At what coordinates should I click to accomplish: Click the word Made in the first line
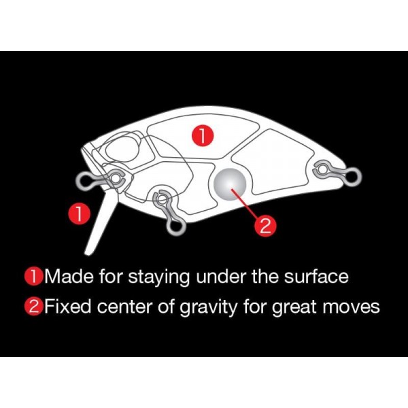67,277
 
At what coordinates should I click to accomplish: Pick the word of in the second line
166,307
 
